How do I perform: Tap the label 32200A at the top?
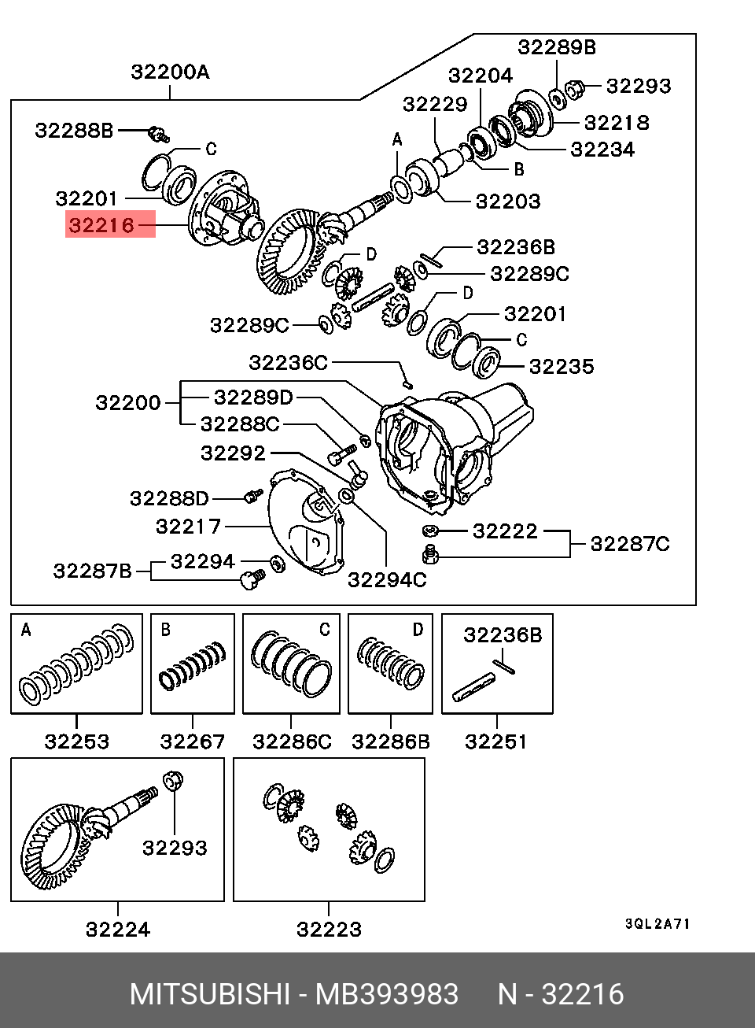pyautogui.click(x=170, y=72)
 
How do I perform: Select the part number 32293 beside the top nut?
pyautogui.click(x=639, y=86)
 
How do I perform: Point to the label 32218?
pyautogui.click(x=617, y=122)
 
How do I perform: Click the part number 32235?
pyautogui.click(x=562, y=366)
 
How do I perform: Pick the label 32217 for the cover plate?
pyautogui.click(x=188, y=526)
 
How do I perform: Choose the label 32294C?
pyautogui.click(x=387, y=579)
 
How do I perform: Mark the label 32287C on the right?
pyautogui.click(x=630, y=543)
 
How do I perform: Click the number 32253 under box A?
pyautogui.click(x=76, y=741)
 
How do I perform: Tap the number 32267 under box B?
pyautogui.click(x=193, y=741)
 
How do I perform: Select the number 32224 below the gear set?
pyautogui.click(x=118, y=929)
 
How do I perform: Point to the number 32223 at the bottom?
pyautogui.click(x=329, y=929)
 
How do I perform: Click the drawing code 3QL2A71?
pyautogui.click(x=657, y=924)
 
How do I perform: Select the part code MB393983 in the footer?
pyautogui.click(x=387, y=995)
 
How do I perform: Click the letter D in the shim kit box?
pyautogui.click(x=418, y=629)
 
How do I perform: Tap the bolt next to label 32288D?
pyautogui.click(x=252, y=497)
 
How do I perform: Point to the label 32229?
pyautogui.click(x=435, y=104)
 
